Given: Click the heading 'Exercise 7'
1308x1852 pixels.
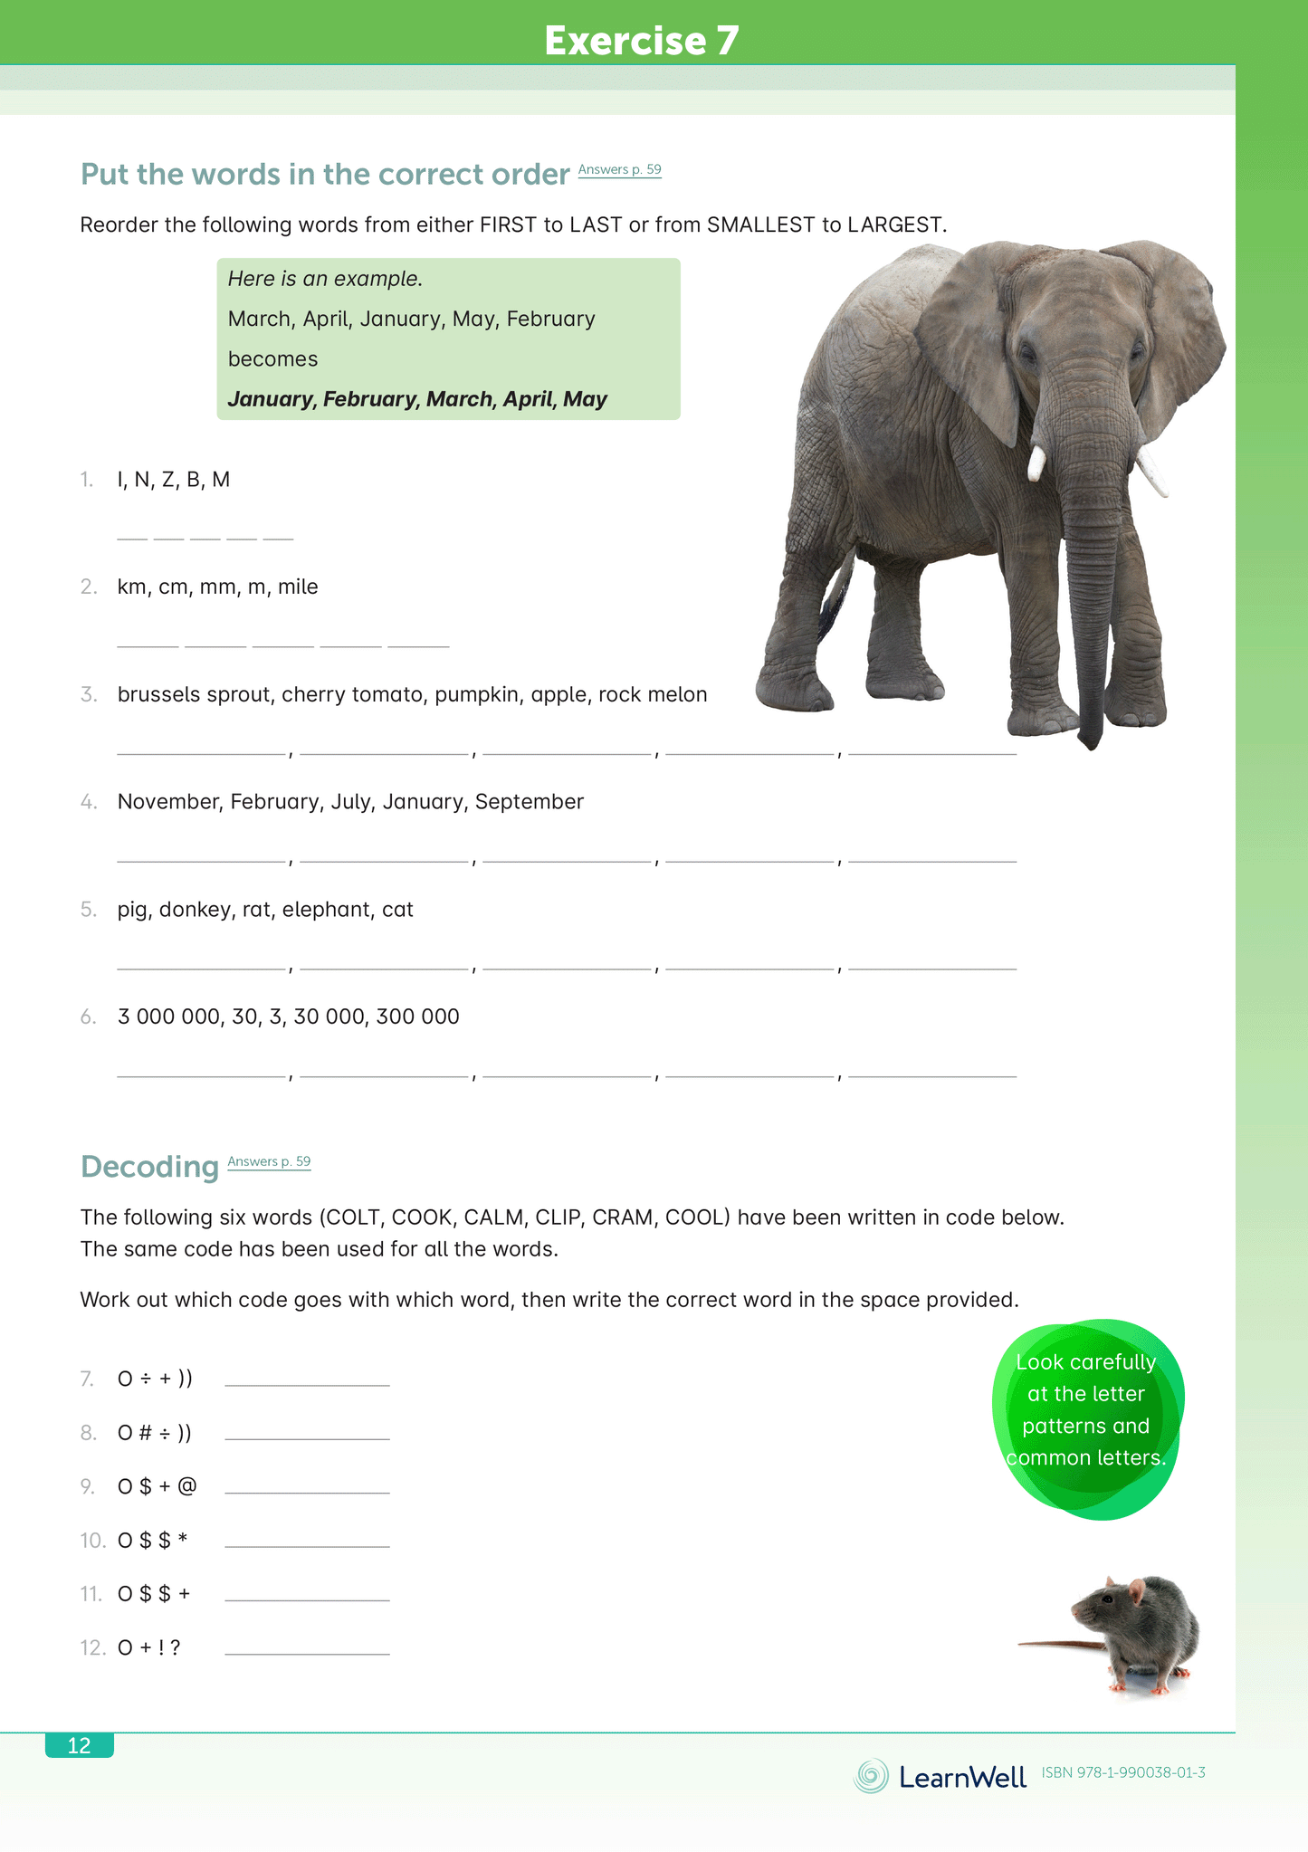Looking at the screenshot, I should (x=642, y=41).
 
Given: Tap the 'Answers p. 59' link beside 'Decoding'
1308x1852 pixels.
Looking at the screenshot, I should (x=269, y=1161).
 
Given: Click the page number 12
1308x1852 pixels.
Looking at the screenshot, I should (x=80, y=1745).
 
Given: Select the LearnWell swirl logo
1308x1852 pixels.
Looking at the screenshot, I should (x=871, y=1776).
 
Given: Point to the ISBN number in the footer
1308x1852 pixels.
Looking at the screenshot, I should (x=1123, y=1772).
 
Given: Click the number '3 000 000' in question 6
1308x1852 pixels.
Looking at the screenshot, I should (x=168, y=1017).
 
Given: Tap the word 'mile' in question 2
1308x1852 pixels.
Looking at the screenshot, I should (x=298, y=587).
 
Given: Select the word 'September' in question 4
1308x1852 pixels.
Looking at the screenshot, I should (x=530, y=801).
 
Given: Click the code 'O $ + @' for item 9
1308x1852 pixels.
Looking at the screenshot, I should (x=157, y=1486).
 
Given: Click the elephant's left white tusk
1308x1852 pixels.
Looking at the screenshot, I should (x=1036, y=462).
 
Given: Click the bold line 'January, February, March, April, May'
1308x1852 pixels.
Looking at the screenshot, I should (x=417, y=399).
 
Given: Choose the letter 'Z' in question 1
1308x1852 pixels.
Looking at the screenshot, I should (x=167, y=480).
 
